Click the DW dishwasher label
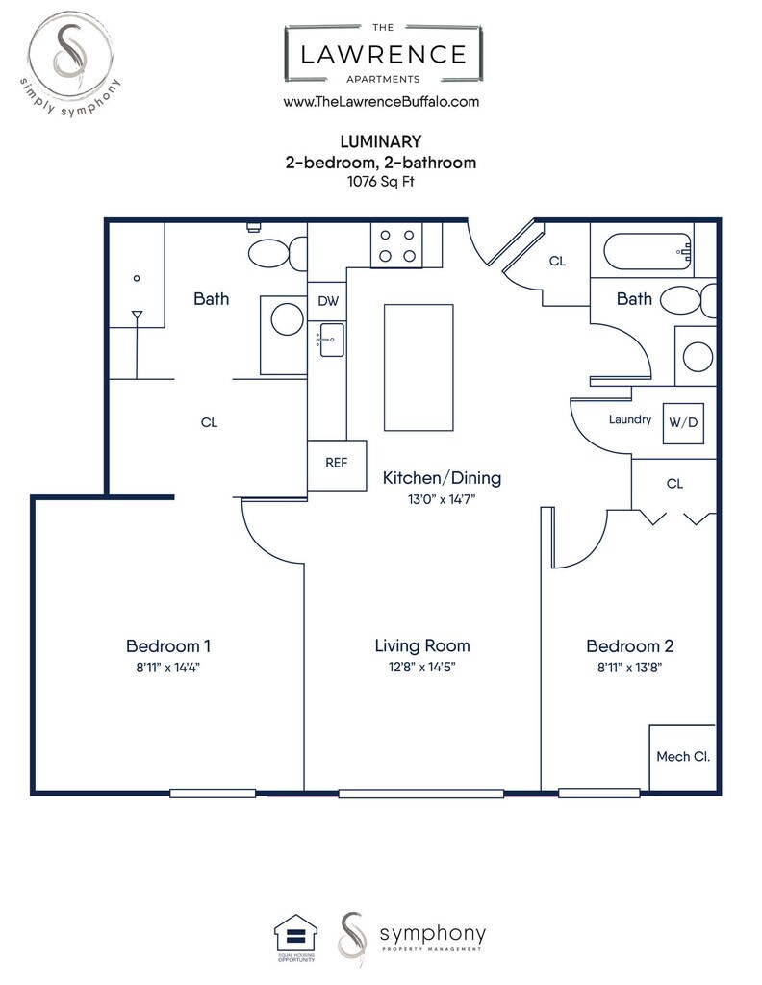(328, 301)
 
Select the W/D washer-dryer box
(683, 423)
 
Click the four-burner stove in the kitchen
(396, 245)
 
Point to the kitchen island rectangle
(419, 367)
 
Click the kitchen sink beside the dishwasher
(331, 340)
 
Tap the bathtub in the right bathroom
(648, 252)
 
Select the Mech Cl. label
(683, 757)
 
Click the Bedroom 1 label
(168, 645)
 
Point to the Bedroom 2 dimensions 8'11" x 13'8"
(629, 668)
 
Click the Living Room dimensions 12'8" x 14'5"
(421, 667)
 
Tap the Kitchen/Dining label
(442, 478)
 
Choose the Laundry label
(630, 419)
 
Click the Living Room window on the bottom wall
(420, 794)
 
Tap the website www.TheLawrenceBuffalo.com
(381, 102)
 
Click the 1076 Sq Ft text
(381, 182)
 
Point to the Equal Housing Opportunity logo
(296, 937)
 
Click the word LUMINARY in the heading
(381, 141)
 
